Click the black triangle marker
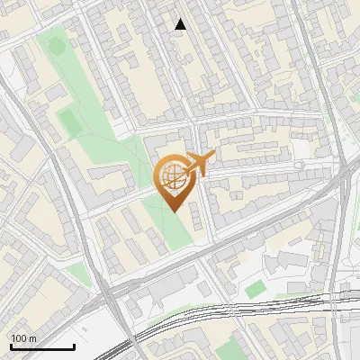(x=181, y=24)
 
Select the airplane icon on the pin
(x=201, y=163)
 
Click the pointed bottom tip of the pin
(x=173, y=211)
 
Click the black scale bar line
(x=42, y=347)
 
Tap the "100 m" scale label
(x=22, y=338)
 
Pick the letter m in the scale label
(x=31, y=338)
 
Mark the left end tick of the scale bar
(x=11, y=346)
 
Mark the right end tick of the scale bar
(x=74, y=346)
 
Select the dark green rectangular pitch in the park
(x=68, y=121)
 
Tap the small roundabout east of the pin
(x=300, y=166)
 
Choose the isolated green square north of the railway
(x=256, y=288)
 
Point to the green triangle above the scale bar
(x=79, y=273)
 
